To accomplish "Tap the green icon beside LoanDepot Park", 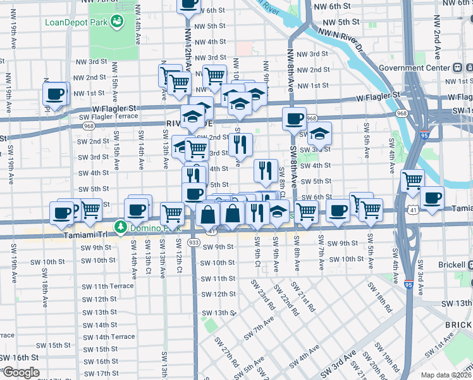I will (116, 23).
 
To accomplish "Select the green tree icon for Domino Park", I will (120, 226).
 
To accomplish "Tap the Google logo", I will (20, 372).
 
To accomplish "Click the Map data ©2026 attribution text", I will (446, 375).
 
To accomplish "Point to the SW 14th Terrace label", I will (109, 337).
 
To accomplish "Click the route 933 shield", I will (193, 243).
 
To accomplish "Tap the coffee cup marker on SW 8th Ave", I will (294, 118).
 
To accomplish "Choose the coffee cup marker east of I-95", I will (433, 198).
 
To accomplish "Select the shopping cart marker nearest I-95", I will (412, 180).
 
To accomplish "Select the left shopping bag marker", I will (208, 215).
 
